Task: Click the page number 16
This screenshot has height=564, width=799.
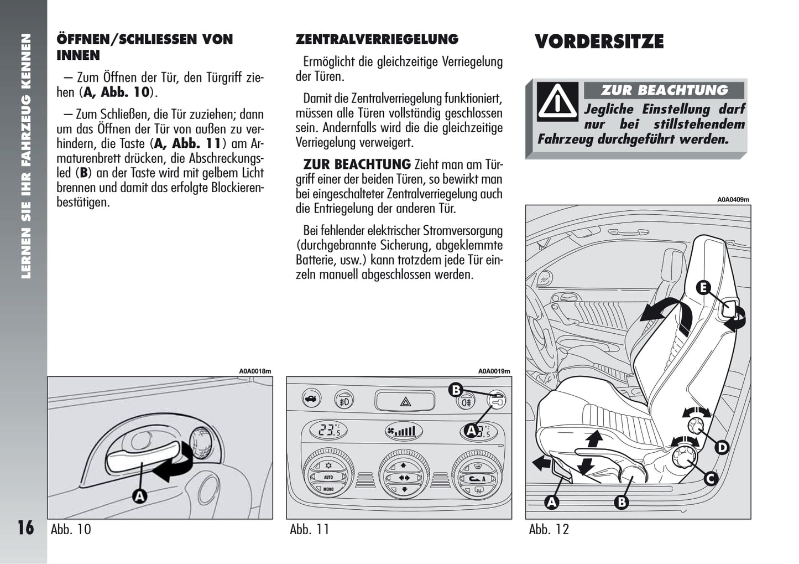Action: [x=25, y=527]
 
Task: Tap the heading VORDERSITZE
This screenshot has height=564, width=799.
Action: [x=599, y=42]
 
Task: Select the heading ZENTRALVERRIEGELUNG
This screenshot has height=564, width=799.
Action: [x=377, y=39]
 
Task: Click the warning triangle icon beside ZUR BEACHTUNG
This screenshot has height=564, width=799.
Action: [x=557, y=101]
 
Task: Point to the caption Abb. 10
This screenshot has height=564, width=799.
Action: [x=71, y=530]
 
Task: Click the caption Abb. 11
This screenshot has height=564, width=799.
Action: [x=310, y=530]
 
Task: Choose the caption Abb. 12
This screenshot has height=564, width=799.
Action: [x=549, y=530]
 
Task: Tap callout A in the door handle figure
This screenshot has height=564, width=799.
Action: [x=140, y=496]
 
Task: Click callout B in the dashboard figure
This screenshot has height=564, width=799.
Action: [x=456, y=390]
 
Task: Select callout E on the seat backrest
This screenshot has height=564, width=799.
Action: [x=703, y=288]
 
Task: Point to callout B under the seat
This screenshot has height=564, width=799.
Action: [x=622, y=502]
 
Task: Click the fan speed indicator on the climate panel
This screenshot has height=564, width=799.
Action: [x=403, y=431]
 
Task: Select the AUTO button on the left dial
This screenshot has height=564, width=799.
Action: [x=328, y=477]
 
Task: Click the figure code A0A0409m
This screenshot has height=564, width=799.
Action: [x=733, y=200]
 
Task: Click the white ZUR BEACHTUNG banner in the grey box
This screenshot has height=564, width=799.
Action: [x=664, y=90]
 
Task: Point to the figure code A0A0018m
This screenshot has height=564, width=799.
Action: [x=255, y=371]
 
